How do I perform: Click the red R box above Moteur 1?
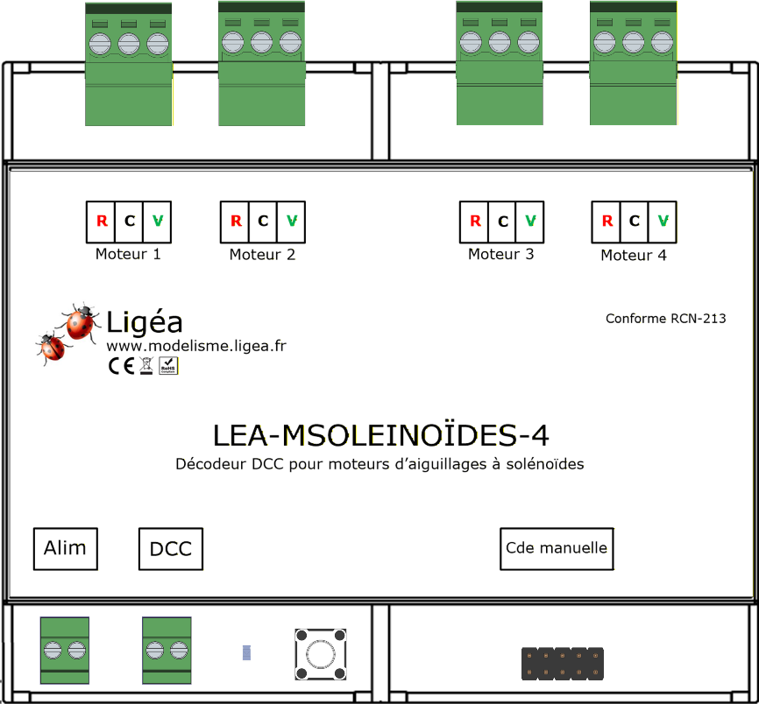[x=101, y=222]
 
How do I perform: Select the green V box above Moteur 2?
[x=292, y=222]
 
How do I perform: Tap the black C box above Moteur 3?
[x=502, y=222]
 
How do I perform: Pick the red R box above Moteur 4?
[x=606, y=222]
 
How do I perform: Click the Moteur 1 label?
[x=128, y=255]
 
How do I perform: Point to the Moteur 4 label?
[x=634, y=256]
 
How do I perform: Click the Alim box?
[x=65, y=549]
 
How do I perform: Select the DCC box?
[x=171, y=550]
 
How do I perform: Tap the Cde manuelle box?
[x=557, y=549]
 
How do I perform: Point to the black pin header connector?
[x=563, y=663]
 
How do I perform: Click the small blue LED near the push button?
[x=246, y=652]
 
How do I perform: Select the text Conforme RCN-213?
[x=665, y=319]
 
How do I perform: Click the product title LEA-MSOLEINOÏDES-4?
[x=381, y=435]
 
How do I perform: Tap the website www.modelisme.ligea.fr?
[x=196, y=346]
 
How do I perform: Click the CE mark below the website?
[x=120, y=366]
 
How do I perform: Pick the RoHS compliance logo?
[x=168, y=366]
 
